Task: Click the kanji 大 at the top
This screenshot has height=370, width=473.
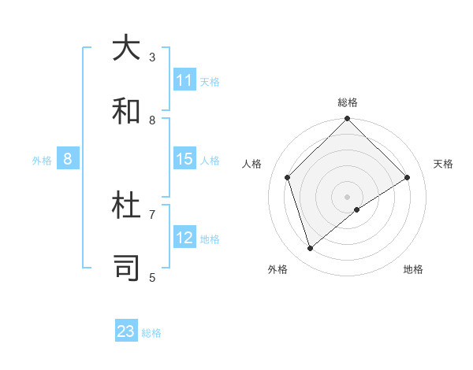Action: [x=126, y=48]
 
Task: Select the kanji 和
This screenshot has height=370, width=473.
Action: [x=126, y=111]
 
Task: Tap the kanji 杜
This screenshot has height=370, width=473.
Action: [x=126, y=205]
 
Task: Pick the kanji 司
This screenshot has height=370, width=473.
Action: [x=126, y=268]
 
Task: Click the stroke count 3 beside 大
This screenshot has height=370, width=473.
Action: [x=152, y=57]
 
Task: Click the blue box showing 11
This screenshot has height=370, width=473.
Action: [x=184, y=80]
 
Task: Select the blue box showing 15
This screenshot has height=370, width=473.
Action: [x=184, y=159]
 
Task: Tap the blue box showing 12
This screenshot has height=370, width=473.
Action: [x=184, y=238]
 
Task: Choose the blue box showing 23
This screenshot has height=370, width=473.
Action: [x=126, y=331]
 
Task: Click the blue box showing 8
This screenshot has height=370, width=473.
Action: [x=68, y=159]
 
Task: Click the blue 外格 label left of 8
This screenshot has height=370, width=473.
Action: [x=42, y=160]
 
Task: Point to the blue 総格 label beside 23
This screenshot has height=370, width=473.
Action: [x=151, y=333]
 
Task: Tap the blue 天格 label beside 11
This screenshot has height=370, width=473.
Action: [x=209, y=81]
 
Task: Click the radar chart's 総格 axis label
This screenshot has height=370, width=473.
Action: [x=348, y=102]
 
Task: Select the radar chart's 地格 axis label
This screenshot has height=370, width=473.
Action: [x=413, y=269]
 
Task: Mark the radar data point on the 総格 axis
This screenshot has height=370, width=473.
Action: [x=348, y=120]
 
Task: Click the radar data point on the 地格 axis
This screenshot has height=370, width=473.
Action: [x=357, y=209]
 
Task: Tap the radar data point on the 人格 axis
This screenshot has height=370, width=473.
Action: [x=288, y=177]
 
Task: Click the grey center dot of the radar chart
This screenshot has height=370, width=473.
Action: [x=348, y=196]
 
